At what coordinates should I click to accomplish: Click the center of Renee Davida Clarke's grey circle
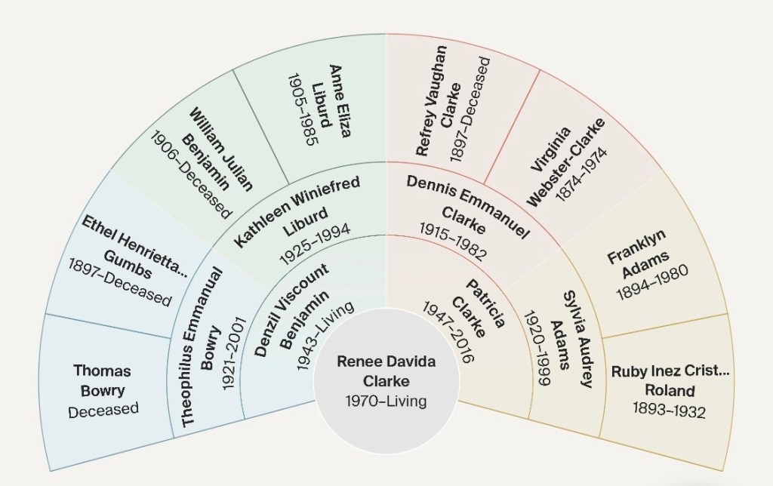click(x=386, y=380)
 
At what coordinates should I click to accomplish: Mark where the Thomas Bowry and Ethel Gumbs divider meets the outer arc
click(x=45, y=313)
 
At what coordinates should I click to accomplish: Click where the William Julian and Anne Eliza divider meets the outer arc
click(x=233, y=69)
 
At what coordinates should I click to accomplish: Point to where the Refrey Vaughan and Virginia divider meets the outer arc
click(x=540, y=70)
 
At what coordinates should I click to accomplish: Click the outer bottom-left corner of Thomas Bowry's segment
click(x=51, y=471)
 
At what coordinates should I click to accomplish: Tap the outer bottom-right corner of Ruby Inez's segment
click(x=722, y=471)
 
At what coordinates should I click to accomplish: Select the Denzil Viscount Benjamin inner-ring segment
click(x=291, y=321)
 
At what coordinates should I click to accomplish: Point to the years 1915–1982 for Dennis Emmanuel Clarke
click(x=453, y=241)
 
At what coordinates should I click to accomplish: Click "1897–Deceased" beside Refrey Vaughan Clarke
click(x=470, y=109)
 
